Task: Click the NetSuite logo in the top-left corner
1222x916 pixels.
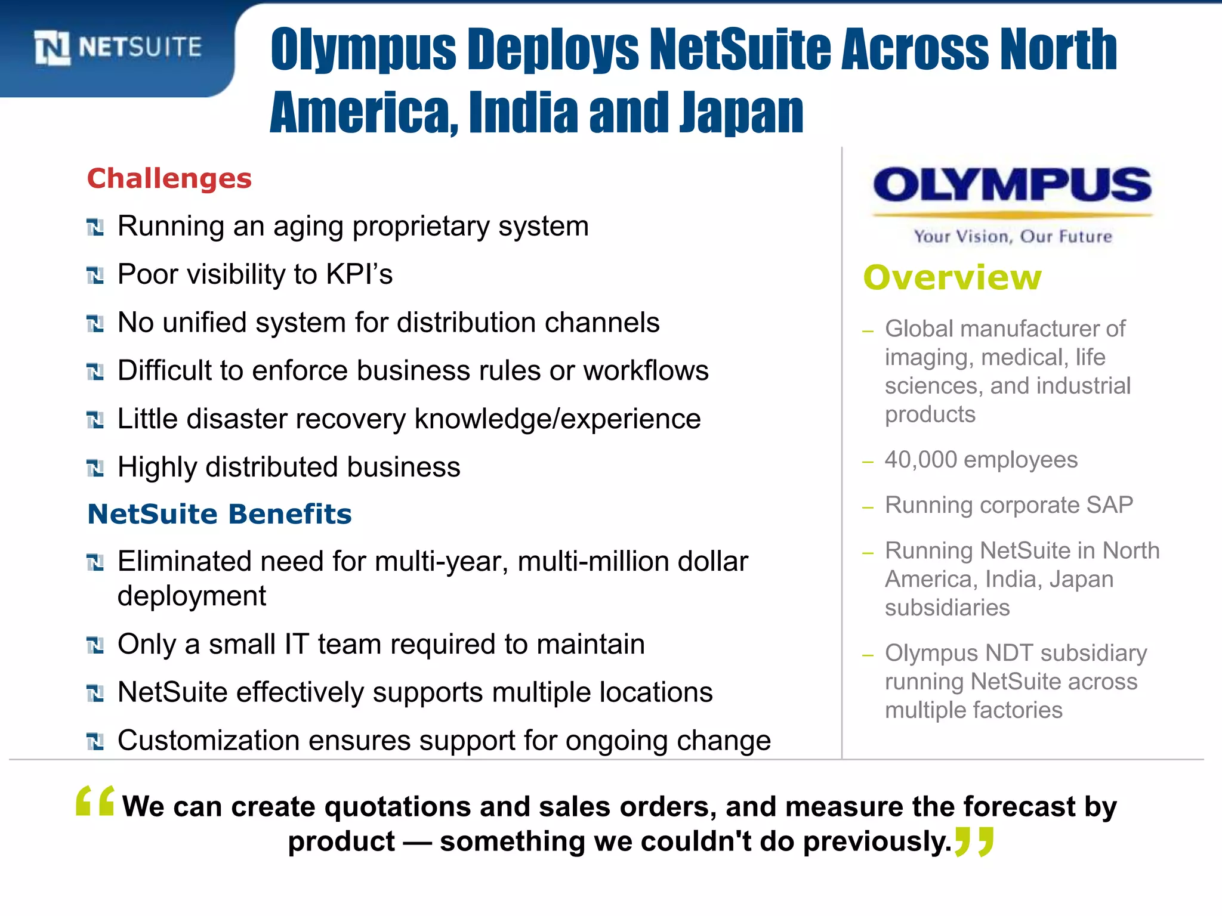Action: click(x=118, y=47)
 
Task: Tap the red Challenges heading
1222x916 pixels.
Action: click(x=169, y=178)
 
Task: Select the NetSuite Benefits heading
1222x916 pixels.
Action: click(x=220, y=514)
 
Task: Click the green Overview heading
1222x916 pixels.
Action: click(x=952, y=278)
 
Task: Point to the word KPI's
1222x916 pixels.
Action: click(x=359, y=274)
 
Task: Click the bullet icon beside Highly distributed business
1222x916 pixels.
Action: click(x=95, y=468)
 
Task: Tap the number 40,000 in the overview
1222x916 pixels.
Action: click(x=921, y=460)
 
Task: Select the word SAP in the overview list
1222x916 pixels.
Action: click(x=1109, y=505)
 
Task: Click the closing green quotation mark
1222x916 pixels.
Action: click(x=974, y=841)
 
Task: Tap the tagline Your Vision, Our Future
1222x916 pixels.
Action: click(x=1013, y=237)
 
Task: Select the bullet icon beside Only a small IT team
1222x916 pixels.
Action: click(x=95, y=645)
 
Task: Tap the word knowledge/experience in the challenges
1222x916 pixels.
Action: click(x=557, y=419)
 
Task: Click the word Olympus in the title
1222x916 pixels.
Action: click(x=363, y=51)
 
